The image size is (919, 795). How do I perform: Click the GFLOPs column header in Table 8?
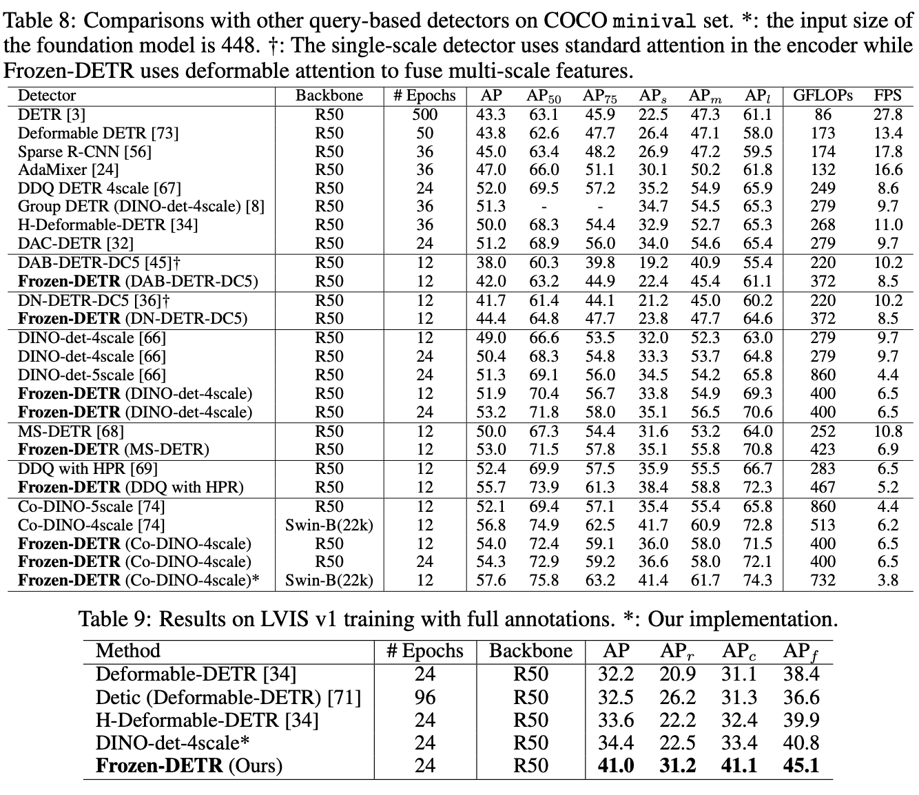click(x=823, y=96)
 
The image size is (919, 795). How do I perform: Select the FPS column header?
click(x=887, y=96)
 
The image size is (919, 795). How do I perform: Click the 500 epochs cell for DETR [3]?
click(x=424, y=114)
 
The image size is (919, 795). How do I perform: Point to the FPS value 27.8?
click(x=887, y=114)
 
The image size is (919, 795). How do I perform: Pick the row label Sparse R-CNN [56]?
click(x=84, y=152)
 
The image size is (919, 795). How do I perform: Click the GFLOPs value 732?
click(x=823, y=580)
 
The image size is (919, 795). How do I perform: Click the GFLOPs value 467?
click(x=823, y=487)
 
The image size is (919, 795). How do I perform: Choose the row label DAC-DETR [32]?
click(x=76, y=243)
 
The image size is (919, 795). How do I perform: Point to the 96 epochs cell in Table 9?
click(x=424, y=697)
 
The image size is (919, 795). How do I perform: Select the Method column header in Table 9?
click(x=128, y=651)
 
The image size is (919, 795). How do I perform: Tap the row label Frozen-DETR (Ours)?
click(x=189, y=765)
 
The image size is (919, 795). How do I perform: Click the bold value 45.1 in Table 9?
click(x=801, y=765)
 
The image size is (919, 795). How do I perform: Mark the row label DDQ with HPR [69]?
click(x=87, y=468)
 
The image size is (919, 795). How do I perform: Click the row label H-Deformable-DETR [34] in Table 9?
click(x=207, y=720)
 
